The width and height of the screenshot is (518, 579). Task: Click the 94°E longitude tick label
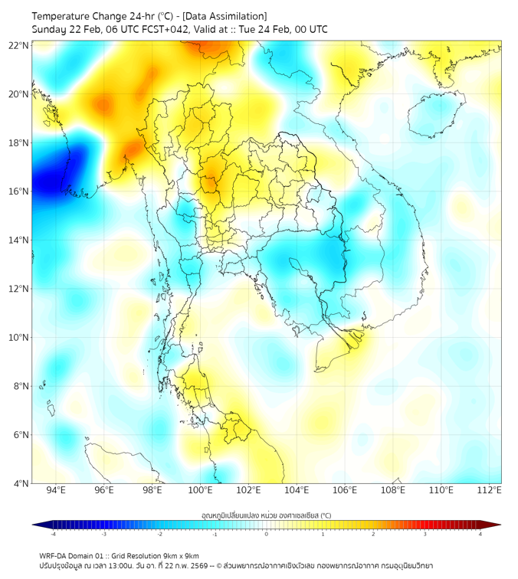[56, 490]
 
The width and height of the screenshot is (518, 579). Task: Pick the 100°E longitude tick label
[201, 490]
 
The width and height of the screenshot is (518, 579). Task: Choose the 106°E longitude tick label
[345, 490]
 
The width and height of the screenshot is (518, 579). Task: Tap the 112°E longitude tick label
[490, 490]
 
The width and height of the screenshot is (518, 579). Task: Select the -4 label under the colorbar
[53, 535]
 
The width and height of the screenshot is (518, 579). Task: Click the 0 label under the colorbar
[267, 535]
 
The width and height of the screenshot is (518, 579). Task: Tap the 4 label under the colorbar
[480, 535]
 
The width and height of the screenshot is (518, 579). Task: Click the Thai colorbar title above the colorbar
[266, 515]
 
